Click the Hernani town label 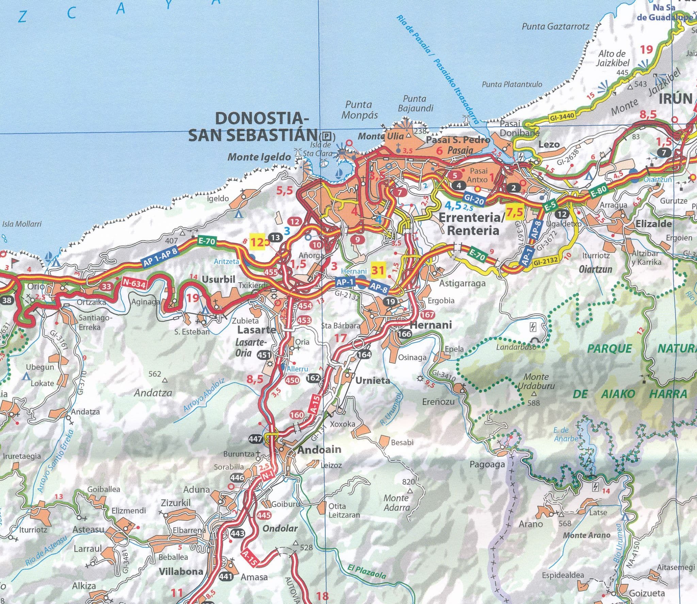(x=431, y=325)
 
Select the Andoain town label (x=319, y=450)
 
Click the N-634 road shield (x=134, y=283)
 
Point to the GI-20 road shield (x=474, y=200)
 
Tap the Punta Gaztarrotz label (x=555, y=26)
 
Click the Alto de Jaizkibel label (x=612, y=58)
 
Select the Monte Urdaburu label (x=536, y=381)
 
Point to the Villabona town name (x=181, y=571)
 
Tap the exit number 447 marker (x=256, y=439)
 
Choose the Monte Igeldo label (x=259, y=157)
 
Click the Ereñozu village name (x=438, y=402)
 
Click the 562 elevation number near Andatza (x=155, y=374)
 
